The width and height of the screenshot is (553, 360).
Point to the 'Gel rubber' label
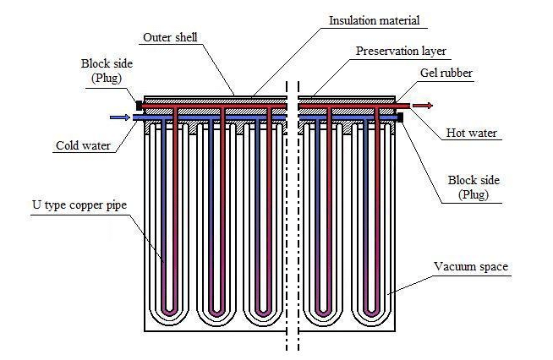[x=445, y=74]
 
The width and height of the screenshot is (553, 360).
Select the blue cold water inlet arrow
[x=119, y=118]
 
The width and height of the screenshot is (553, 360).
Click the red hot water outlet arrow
[x=423, y=106]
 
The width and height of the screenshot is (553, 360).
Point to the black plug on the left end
[x=139, y=106]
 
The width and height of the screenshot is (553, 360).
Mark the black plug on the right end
[x=401, y=118]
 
